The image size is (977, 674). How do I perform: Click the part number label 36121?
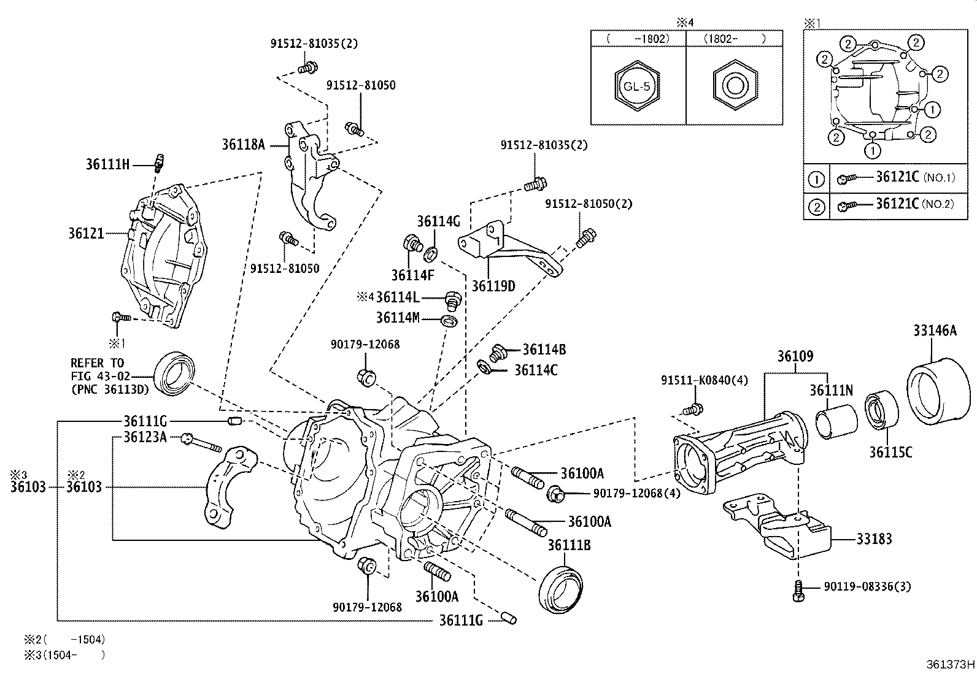point(86,234)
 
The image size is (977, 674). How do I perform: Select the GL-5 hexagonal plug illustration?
point(637,86)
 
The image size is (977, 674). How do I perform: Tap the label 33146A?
point(934,331)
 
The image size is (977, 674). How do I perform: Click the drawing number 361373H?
point(951,664)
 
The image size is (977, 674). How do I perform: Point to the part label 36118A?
point(244,145)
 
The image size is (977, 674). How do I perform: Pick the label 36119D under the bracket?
point(493,286)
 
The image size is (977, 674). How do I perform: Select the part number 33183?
point(874,539)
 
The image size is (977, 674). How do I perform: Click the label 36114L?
point(397,297)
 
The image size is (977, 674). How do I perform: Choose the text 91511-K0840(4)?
point(704,380)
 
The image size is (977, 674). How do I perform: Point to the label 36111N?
point(832,390)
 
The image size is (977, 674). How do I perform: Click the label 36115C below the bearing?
point(890,453)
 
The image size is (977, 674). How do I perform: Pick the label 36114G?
point(438,221)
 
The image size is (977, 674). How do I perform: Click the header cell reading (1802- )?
point(735,38)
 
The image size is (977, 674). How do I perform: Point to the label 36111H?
point(107,164)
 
